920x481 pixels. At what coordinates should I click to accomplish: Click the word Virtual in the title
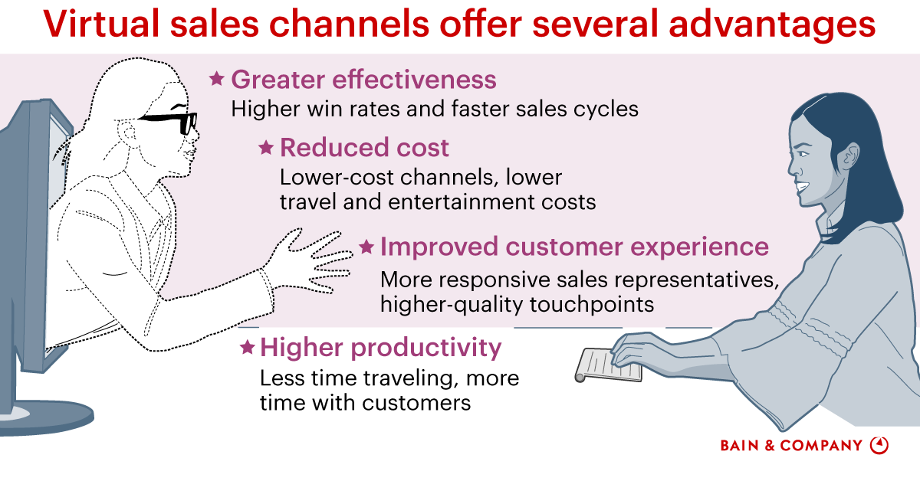pos(101,24)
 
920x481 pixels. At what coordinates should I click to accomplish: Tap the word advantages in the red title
pos(772,25)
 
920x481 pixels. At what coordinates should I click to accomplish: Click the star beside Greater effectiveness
pos(216,78)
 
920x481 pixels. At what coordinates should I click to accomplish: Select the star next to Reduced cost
pos(266,147)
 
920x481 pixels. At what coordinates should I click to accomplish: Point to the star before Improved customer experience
pos(366,247)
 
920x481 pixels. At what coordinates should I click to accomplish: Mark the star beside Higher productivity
pos(247,347)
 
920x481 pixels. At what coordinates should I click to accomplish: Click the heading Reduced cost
pos(364,147)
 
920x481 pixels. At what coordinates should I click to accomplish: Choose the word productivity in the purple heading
pos(426,348)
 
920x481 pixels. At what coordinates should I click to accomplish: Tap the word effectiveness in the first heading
pos(414,79)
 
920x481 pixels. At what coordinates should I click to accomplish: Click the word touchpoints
pos(591,305)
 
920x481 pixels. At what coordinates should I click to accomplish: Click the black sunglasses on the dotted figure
pos(172,121)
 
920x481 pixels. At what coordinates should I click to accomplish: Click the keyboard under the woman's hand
pos(608,365)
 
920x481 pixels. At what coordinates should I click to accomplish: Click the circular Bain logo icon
pos(879,445)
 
